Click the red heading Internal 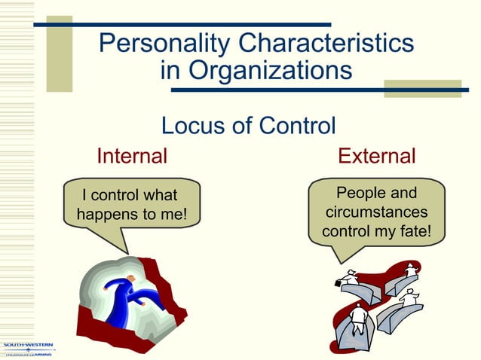[x=131, y=157]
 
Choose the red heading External [x=376, y=157]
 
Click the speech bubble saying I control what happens [x=133, y=206]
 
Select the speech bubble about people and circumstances [x=376, y=212]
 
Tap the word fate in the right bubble [x=415, y=230]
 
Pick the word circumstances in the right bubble [x=376, y=212]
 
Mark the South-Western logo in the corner [x=27, y=348]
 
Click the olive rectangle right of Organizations [x=423, y=88]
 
